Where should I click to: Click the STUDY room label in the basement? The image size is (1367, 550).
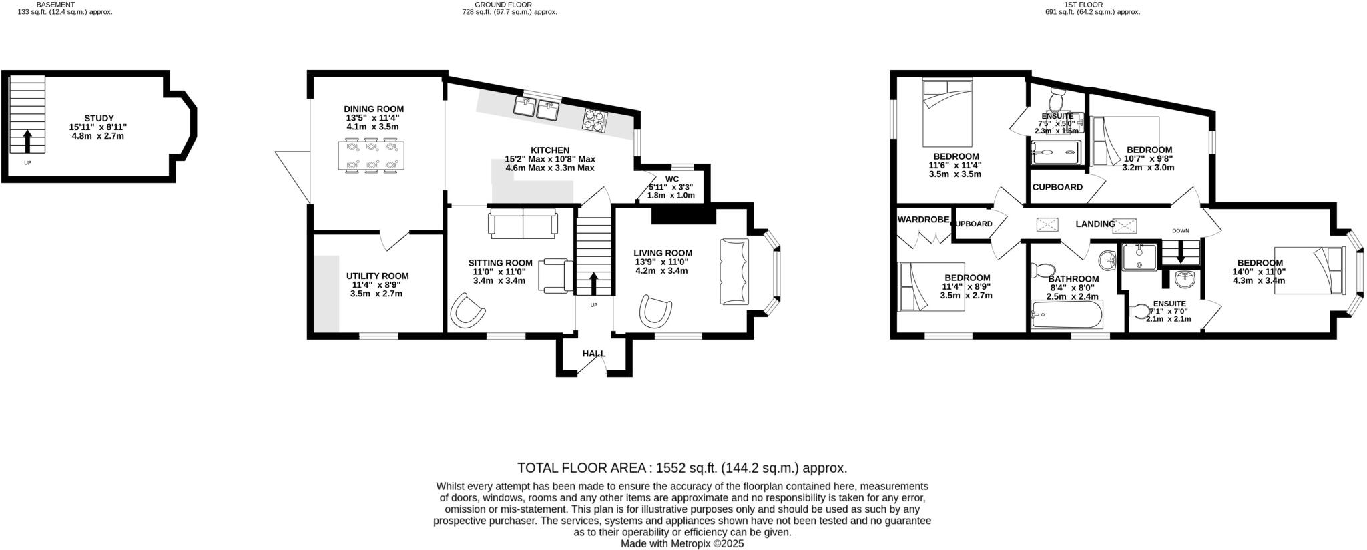coord(99,118)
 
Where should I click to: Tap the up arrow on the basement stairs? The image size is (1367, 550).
coord(27,142)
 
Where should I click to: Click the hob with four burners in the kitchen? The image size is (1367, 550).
coord(595,121)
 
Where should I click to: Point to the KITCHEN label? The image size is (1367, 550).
coord(549,150)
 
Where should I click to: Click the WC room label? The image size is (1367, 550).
coord(671,179)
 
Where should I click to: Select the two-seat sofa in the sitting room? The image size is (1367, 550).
coord(523,223)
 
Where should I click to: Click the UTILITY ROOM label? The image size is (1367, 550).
coord(377,276)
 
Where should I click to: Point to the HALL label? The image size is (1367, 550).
coord(593,354)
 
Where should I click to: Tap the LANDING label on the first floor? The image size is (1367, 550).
coord(1095,224)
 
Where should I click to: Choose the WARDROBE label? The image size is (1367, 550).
coord(923,219)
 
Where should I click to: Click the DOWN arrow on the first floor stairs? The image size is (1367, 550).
coord(1180,254)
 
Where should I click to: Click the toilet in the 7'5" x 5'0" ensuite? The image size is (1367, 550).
coord(1056,101)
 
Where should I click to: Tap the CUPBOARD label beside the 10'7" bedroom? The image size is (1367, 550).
coord(1057,187)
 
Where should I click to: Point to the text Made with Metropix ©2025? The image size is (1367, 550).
coord(682,544)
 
